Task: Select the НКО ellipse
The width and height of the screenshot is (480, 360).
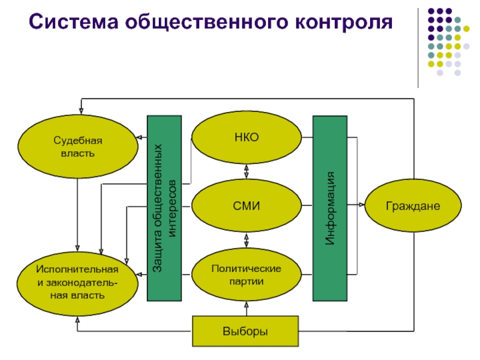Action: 247,138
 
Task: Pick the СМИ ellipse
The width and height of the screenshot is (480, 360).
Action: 247,206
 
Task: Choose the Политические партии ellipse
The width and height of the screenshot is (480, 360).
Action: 247,274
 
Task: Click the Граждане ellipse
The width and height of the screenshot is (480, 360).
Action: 413,206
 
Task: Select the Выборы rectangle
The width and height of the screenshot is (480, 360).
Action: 245,331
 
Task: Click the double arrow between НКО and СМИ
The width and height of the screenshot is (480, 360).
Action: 247,172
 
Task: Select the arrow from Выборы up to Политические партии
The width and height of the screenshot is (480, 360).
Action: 247,307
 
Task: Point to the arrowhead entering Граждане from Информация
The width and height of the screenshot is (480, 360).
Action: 362,206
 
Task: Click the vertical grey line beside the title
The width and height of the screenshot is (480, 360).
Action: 419,48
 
